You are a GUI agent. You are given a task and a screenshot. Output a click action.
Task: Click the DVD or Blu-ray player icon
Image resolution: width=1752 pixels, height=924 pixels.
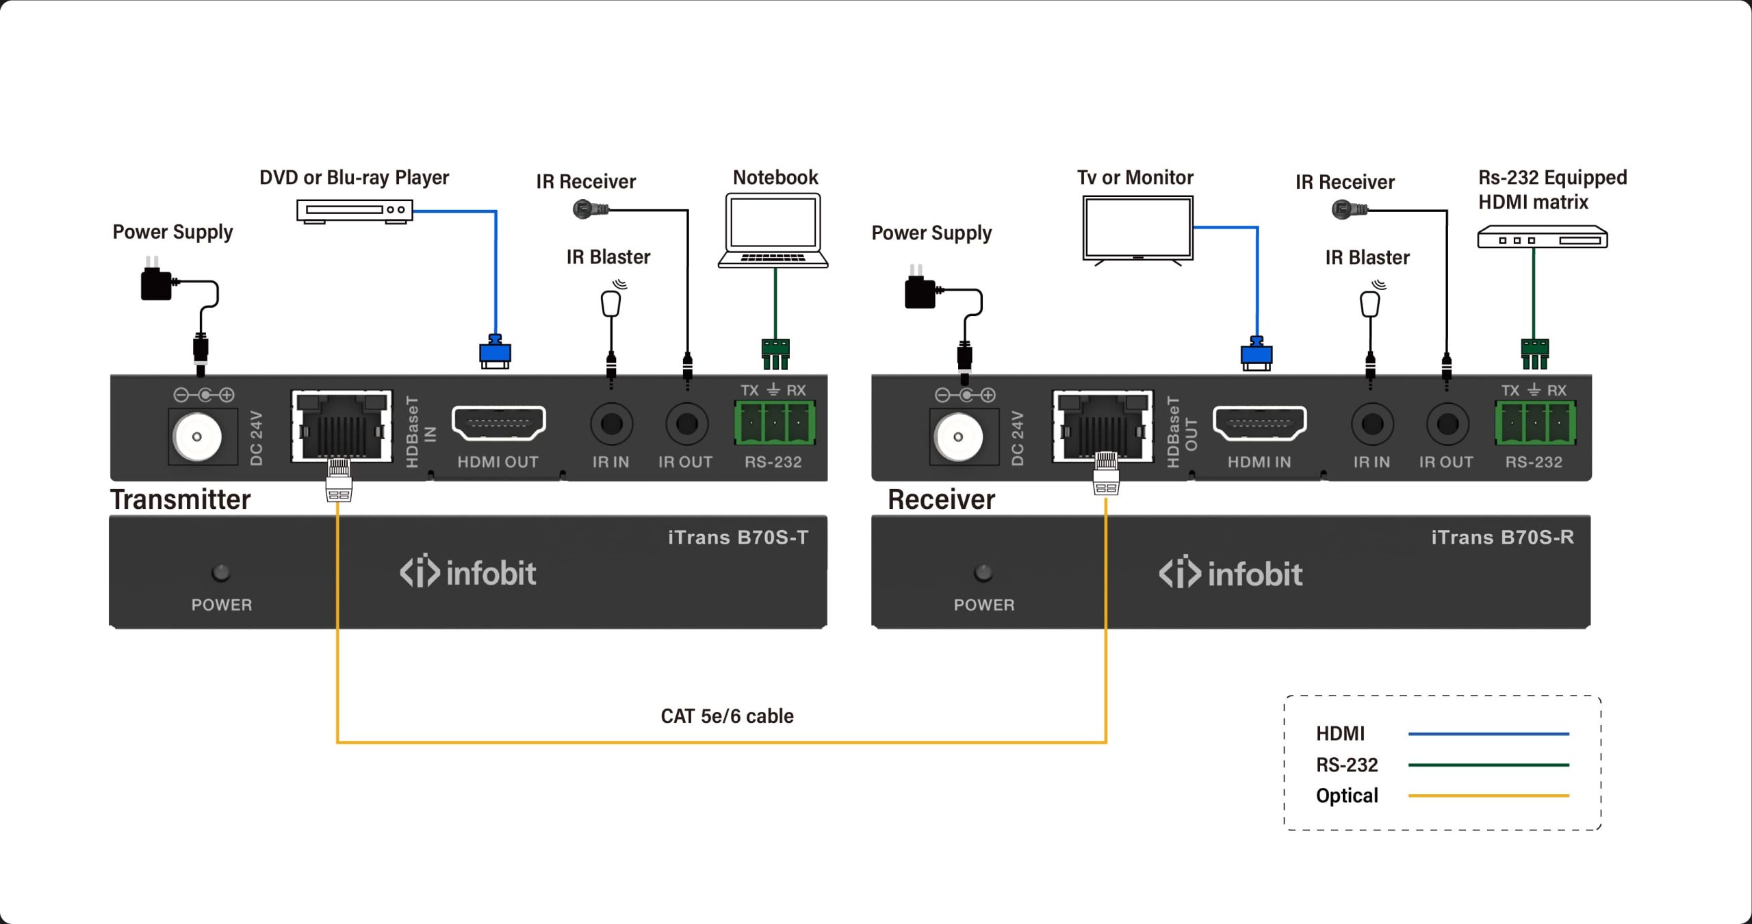point(355,210)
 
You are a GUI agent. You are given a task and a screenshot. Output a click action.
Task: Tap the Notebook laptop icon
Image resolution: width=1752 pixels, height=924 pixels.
point(773,230)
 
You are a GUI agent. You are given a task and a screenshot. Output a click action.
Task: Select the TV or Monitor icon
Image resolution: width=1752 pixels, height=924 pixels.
point(1137,228)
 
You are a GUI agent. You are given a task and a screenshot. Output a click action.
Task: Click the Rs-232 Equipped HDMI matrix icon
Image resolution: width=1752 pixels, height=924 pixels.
point(1542,237)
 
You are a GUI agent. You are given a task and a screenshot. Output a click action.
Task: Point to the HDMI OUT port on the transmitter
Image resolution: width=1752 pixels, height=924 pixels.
point(498,423)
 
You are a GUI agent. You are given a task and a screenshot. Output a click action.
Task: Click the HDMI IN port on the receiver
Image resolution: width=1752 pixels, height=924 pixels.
point(1259,423)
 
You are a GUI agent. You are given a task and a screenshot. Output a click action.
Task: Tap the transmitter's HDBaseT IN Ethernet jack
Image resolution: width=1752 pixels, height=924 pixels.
point(341,426)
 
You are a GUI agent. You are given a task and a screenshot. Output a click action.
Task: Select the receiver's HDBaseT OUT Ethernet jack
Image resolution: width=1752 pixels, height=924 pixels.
point(1102,426)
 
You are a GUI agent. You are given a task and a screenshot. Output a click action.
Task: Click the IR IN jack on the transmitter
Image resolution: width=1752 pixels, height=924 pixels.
point(611,424)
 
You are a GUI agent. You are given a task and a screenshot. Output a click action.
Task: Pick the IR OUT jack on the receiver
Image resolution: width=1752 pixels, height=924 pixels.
point(1447,424)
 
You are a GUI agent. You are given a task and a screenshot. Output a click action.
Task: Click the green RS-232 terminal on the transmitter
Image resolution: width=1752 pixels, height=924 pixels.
point(774,423)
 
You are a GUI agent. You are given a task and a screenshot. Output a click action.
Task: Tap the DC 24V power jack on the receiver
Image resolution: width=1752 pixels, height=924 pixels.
point(958,436)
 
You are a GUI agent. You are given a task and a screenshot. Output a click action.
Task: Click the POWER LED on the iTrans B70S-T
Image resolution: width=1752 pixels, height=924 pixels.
point(221,572)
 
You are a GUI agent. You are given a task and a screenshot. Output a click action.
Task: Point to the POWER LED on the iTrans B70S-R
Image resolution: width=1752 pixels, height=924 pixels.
point(983,572)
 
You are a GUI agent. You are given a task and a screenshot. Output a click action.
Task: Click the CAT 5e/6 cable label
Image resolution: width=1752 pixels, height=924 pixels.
point(727,716)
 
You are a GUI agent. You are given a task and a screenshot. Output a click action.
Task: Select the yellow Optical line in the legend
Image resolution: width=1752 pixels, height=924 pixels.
point(1488,795)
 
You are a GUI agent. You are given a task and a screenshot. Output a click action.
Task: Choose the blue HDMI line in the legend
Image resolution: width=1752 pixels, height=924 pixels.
point(1488,734)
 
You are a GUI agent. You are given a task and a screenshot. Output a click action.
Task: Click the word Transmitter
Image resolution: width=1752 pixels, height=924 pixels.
point(181,500)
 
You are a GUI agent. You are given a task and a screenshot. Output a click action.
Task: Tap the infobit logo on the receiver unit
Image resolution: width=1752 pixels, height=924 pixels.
point(1231,574)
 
